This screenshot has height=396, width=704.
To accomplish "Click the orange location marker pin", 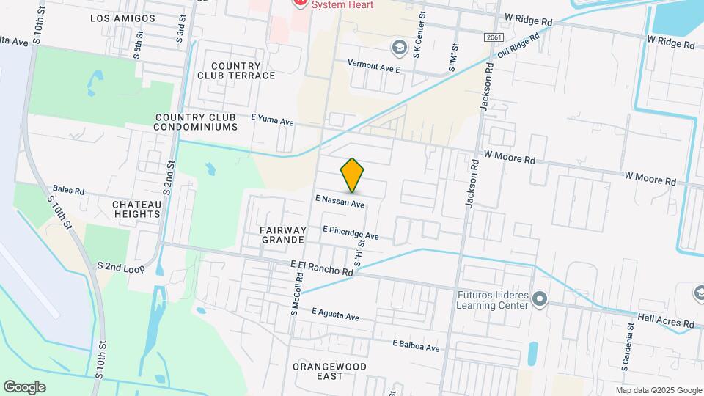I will point(352,175).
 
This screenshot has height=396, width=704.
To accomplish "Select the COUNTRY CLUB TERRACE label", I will point(236,70).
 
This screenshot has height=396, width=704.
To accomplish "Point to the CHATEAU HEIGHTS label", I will point(136,209).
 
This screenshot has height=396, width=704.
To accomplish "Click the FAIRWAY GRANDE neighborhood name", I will point(282,235).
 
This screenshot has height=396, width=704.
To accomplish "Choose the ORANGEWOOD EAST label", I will point(328,371).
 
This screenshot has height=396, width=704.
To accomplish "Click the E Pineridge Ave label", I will point(351,232).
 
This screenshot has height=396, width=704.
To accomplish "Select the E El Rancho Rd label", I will point(322,268).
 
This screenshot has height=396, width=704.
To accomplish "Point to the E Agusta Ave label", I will point(335,314).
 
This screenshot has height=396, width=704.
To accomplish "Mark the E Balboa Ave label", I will point(415,345).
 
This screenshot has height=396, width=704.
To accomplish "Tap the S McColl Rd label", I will point(298,292).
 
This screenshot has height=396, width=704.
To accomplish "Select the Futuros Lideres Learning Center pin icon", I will point(540,298).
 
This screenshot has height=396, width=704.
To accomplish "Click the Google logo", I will point(24,386).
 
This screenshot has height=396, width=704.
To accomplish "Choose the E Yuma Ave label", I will point(272,120).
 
